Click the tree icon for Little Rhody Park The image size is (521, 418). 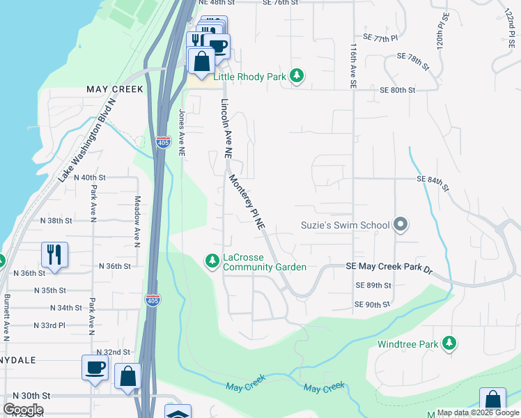(x=297, y=76)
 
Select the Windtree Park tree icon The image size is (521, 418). (x=450, y=343)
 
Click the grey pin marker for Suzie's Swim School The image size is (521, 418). (x=400, y=225)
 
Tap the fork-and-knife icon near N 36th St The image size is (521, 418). (x=54, y=254)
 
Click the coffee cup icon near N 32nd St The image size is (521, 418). (x=95, y=367)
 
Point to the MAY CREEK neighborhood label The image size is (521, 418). (x=114, y=89)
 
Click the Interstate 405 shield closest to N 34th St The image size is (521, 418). (x=151, y=299)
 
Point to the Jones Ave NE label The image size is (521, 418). (x=182, y=132)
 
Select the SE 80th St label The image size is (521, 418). (x=397, y=91)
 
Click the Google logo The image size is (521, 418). (x=23, y=410)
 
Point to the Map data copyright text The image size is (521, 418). (x=477, y=412)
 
